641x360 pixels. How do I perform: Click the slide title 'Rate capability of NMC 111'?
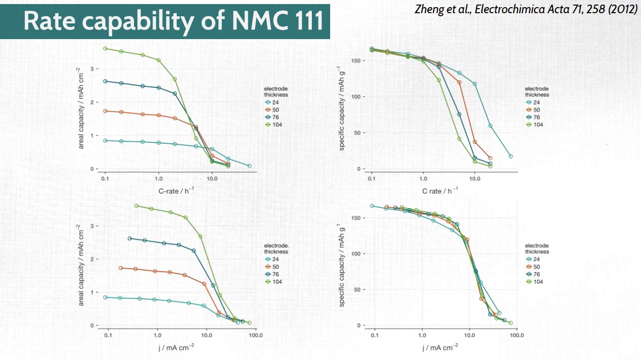173,22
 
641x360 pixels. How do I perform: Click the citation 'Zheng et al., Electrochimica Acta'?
526,10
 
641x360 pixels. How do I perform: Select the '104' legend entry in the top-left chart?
276,124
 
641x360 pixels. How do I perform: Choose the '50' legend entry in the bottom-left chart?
276,267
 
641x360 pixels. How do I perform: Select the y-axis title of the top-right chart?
342,110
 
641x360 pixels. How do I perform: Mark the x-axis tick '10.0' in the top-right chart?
474,179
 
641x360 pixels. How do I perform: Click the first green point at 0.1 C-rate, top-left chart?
105,48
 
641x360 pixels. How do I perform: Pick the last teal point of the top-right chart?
510,156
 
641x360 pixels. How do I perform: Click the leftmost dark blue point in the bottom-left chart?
130,238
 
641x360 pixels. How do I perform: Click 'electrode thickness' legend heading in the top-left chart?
276,91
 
